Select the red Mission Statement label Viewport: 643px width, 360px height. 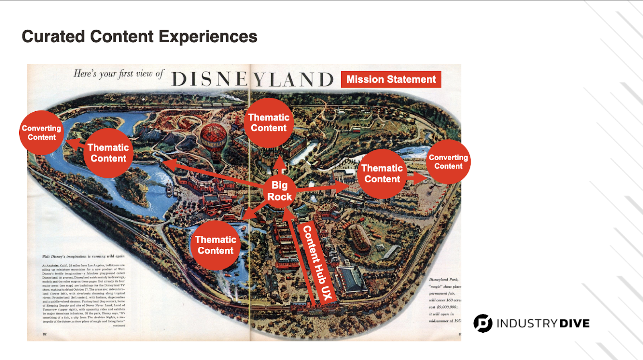click(x=391, y=80)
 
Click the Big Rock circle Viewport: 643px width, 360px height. click(x=279, y=191)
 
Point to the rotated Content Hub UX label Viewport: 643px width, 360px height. click(x=318, y=262)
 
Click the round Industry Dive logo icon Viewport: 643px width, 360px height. click(x=483, y=323)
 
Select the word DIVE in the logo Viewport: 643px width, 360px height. click(x=574, y=323)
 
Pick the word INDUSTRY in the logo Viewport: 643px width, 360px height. click(x=527, y=323)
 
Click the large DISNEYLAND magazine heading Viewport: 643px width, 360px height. click(x=252, y=80)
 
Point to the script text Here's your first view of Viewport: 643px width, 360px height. click(x=119, y=74)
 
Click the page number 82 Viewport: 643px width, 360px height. click(x=45, y=334)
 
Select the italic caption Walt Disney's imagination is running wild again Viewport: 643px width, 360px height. click(x=83, y=256)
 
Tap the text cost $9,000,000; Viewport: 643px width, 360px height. click(x=443, y=307)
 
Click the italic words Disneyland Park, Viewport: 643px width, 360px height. click(x=443, y=279)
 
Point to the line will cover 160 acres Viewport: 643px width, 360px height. click(x=445, y=300)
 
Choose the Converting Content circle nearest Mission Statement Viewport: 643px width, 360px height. click(x=448, y=162)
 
